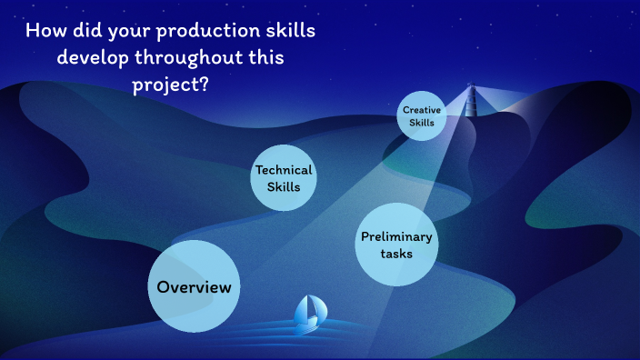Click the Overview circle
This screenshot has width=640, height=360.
pyautogui.click(x=194, y=286)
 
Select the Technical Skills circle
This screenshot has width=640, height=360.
pyautogui.click(x=283, y=178)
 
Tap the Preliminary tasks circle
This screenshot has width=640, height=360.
pyautogui.click(x=396, y=245)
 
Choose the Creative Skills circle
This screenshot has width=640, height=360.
pyautogui.click(x=422, y=116)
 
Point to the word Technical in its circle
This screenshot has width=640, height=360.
pyautogui.click(x=283, y=170)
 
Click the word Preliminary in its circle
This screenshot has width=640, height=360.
pyautogui.click(x=396, y=236)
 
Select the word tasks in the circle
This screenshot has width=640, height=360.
pyautogui.click(x=396, y=254)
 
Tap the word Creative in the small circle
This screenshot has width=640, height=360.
pyautogui.click(x=422, y=110)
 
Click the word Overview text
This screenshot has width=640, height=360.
pyautogui.click(x=194, y=287)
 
